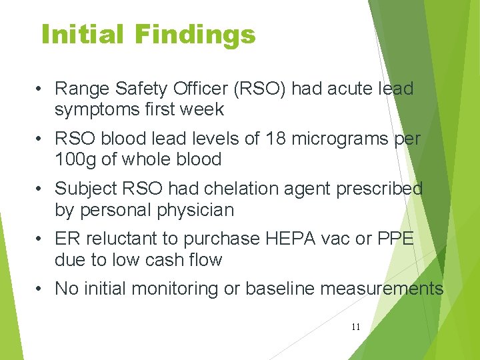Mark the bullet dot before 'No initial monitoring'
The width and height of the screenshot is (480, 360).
(41, 289)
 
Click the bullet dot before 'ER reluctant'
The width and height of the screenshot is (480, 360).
(41, 239)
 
